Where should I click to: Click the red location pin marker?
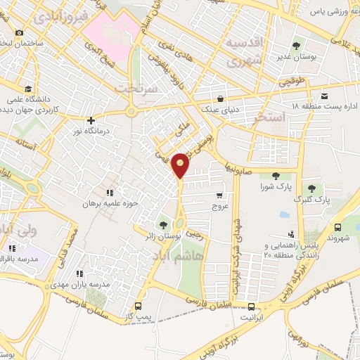coord(181,164)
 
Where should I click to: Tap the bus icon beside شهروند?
coord(338,227)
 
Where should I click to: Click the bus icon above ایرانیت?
coord(251,306)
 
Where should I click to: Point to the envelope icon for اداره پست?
coord(324,96)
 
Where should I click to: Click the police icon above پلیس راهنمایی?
coord(291,233)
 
